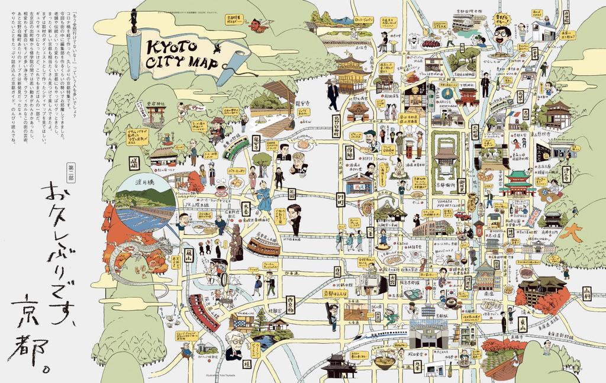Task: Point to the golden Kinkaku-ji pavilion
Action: tap(350, 69)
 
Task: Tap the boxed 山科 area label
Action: tap(586, 293)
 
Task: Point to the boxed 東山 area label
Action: tap(523, 324)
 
